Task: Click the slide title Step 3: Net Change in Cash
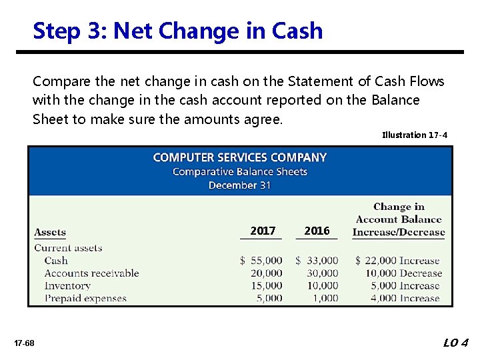click(x=177, y=31)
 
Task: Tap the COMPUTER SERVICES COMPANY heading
click(x=239, y=157)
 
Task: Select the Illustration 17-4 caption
click(x=414, y=135)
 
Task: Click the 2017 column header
click(x=263, y=231)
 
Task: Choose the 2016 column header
click(x=317, y=231)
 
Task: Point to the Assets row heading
click(x=50, y=233)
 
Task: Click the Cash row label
click(x=56, y=261)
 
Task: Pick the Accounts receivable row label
click(x=91, y=273)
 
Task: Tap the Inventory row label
click(x=67, y=286)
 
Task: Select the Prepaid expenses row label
click(x=85, y=299)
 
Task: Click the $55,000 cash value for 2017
click(x=261, y=261)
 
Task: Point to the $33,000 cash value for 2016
click(x=317, y=261)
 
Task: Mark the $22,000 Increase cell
click(x=397, y=261)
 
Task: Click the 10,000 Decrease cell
click(x=403, y=273)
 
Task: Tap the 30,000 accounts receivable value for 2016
click(x=323, y=273)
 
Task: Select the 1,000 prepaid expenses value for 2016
click(x=325, y=299)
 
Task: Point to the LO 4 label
click(x=456, y=343)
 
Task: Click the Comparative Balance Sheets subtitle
click(x=239, y=171)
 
